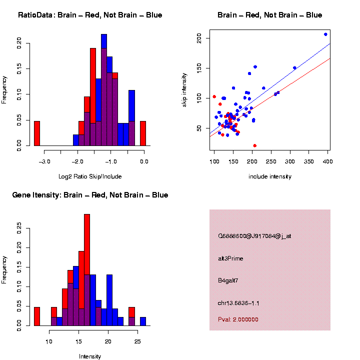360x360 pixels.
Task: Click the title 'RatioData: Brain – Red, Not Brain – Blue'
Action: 90,15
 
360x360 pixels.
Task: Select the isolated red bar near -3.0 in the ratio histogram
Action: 36,133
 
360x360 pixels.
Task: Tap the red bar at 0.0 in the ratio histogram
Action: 143,133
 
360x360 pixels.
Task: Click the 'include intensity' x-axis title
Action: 269,176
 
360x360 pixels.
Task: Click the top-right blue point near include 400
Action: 325,34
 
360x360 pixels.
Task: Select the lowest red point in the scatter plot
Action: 255,145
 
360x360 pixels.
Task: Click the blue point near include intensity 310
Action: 294,68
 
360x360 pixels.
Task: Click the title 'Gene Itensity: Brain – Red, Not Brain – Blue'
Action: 90,195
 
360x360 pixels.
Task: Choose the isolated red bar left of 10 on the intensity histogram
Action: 36,316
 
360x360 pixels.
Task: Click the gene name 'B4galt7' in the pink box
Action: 228,280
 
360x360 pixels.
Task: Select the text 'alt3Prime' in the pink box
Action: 230,258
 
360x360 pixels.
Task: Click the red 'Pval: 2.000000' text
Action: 238,319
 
